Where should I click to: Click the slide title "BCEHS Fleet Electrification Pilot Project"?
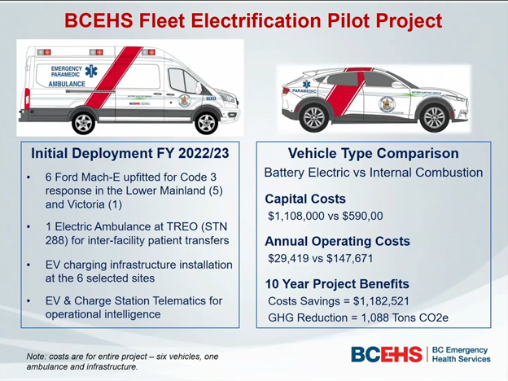253,20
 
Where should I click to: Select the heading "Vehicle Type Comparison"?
373,153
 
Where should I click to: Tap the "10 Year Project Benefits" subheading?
337,284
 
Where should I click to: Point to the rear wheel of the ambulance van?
84,121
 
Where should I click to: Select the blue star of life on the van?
90,72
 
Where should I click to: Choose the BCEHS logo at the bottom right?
386,354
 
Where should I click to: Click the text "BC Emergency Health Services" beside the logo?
460,354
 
